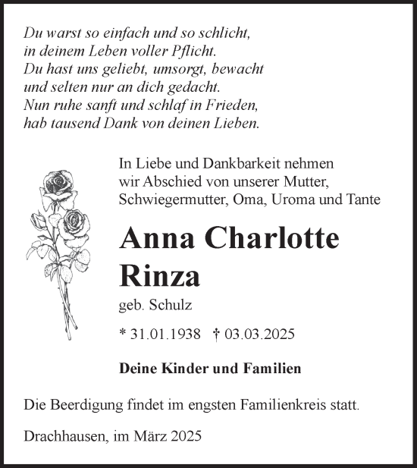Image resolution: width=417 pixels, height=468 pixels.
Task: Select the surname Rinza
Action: (160, 275)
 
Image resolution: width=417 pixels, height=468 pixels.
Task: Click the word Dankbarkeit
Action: (218, 164)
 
